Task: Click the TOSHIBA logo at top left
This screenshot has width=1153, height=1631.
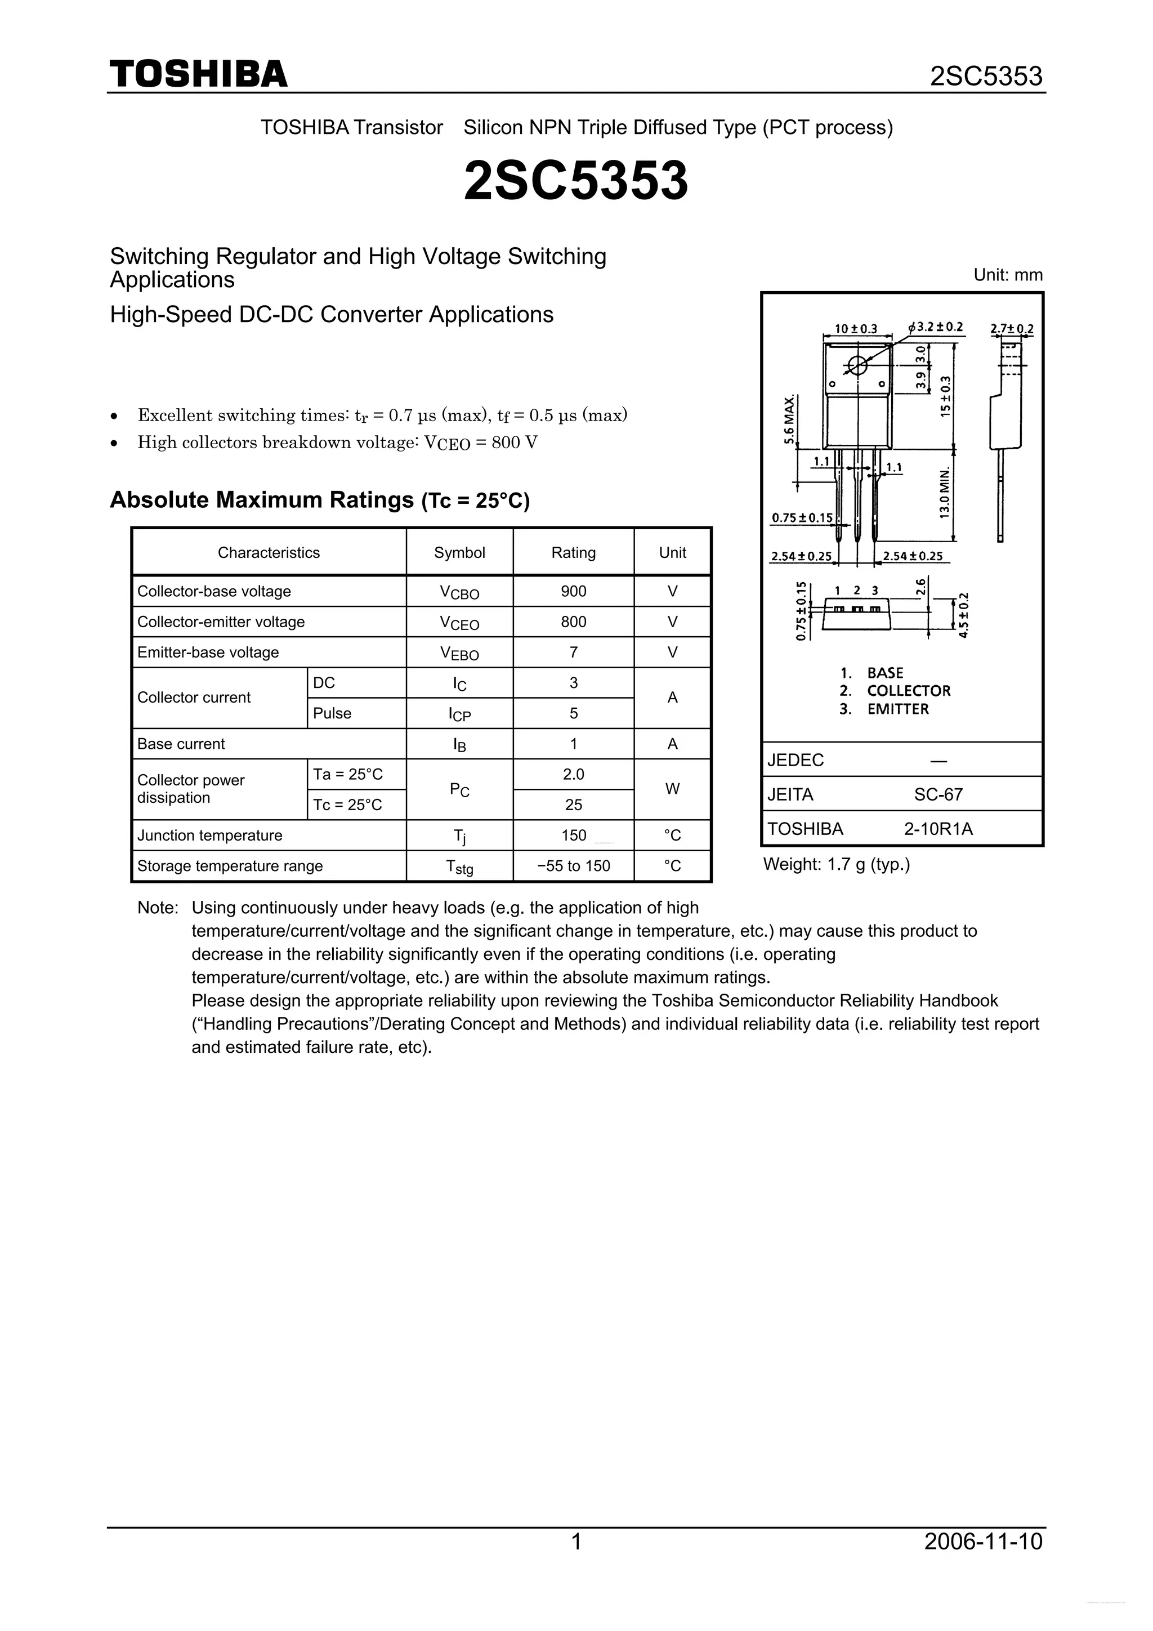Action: (198, 74)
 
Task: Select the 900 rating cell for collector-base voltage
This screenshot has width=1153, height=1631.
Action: (573, 591)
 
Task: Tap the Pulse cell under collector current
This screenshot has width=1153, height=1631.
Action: (333, 713)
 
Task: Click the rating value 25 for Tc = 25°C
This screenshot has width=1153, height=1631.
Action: (573, 805)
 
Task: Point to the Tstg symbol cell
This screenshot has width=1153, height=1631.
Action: (459, 866)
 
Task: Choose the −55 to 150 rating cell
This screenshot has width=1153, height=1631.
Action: (573, 866)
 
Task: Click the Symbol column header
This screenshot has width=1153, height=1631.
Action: (459, 553)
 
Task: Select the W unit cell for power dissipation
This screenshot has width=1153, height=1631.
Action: (672, 789)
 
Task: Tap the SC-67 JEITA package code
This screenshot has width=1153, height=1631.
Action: (938, 794)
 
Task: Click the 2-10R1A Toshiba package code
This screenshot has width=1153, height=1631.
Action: (938, 829)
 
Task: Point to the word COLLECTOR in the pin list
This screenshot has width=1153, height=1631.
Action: (908, 690)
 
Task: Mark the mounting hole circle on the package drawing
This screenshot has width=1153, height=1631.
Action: (857, 365)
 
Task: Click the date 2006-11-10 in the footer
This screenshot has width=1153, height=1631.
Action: (983, 1561)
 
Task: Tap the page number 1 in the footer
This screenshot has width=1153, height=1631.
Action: (576, 1561)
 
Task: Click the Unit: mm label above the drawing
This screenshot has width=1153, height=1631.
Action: (1007, 275)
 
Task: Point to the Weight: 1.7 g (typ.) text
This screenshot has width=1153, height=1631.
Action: (836, 865)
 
